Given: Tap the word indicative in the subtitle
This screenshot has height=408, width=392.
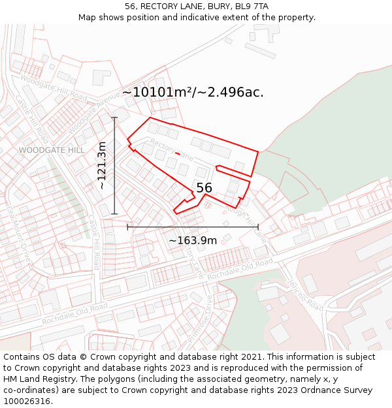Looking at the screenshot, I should (x=206, y=18).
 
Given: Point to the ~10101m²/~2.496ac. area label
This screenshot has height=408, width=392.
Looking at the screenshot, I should (x=193, y=92).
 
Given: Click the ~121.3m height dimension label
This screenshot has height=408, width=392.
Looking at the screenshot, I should (x=102, y=166).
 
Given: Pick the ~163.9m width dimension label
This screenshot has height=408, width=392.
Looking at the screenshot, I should (x=193, y=241).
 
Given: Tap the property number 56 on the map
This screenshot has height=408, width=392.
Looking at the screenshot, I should (x=204, y=188).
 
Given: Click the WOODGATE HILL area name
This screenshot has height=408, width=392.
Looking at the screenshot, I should (x=52, y=150).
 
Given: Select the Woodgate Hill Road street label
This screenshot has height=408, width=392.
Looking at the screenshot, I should (x=54, y=87).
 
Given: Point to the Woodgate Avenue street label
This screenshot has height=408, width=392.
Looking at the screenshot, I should (x=94, y=108).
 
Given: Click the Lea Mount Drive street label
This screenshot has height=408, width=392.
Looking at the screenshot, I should (x=19, y=235).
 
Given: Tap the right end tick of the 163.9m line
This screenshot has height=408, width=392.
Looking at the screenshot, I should (x=259, y=227).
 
